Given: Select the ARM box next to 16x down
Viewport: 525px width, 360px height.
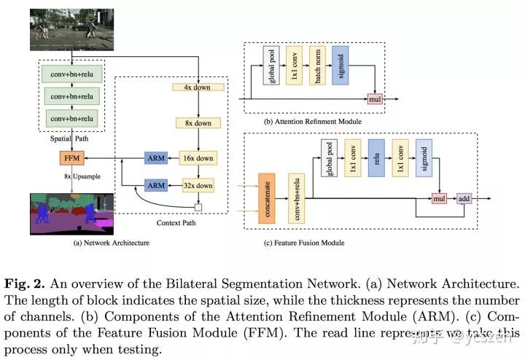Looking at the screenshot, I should (x=156, y=157).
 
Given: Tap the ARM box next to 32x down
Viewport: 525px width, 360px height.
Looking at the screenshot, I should (x=156, y=185).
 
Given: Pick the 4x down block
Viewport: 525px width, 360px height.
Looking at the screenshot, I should (x=196, y=87).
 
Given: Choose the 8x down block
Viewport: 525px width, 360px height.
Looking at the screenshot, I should (x=196, y=123).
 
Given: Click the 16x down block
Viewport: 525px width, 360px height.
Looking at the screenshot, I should (x=196, y=157).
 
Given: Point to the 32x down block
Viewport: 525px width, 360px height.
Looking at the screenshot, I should (x=196, y=185).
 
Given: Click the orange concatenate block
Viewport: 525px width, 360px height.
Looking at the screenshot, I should (x=266, y=197).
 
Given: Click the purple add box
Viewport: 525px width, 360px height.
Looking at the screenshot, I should (x=464, y=197).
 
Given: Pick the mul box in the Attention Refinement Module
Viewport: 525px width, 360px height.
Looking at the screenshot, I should (x=375, y=98).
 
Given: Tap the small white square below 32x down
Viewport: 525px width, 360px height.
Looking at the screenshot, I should (x=196, y=206).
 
